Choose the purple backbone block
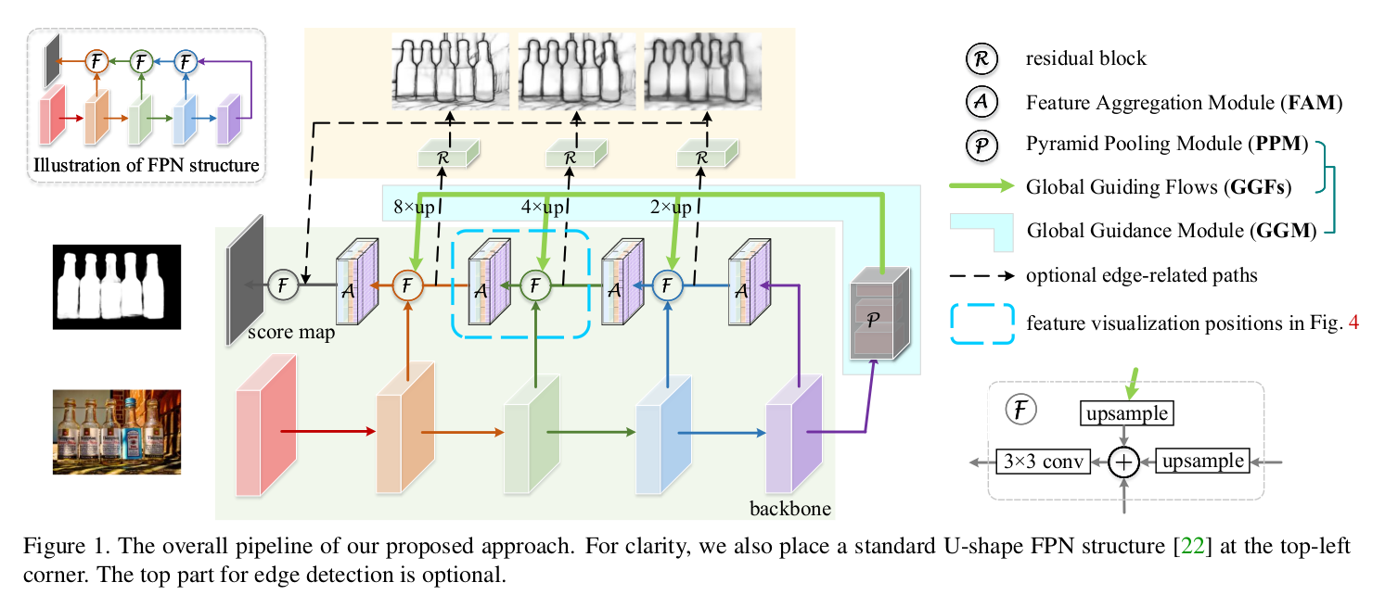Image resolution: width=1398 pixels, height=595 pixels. point(794,432)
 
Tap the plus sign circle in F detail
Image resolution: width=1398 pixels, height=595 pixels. point(1123,462)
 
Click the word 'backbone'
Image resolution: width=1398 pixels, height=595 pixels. point(789,509)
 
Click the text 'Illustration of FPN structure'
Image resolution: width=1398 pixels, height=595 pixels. point(146,167)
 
